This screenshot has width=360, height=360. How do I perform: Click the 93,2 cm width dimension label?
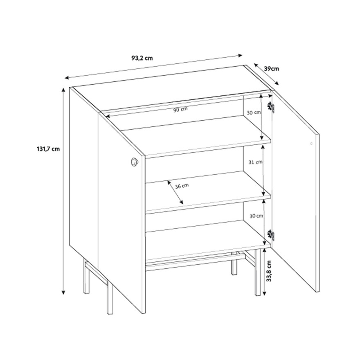click(142, 58)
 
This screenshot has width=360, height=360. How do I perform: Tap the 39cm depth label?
click(272, 68)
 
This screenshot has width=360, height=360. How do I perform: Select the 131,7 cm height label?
click(48, 149)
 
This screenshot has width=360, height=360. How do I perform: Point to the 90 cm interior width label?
click(180, 110)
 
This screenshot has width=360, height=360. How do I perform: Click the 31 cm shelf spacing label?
click(255, 162)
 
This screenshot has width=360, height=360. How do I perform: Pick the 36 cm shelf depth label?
click(182, 186)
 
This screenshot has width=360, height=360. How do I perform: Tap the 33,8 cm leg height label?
click(269, 271)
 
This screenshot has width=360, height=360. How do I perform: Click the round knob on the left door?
click(134, 162)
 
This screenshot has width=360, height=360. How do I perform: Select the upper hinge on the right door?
click(271, 107)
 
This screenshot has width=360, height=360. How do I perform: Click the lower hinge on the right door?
click(271, 235)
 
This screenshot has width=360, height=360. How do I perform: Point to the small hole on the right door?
click(311, 144)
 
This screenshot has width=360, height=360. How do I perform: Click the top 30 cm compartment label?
click(254, 112)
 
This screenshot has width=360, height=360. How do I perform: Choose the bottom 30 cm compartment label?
click(256, 216)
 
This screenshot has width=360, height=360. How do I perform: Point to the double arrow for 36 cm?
click(175, 192)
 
